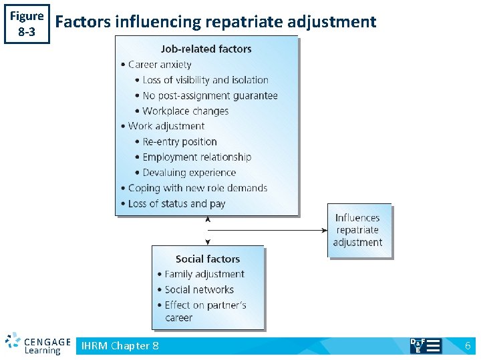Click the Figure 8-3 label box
(x=27, y=23)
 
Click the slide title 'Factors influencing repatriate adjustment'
(x=216, y=22)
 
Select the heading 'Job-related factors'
(x=206, y=49)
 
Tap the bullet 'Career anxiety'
(x=159, y=65)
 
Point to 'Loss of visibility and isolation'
(x=205, y=80)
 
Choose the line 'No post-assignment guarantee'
(x=210, y=95)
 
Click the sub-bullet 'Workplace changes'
(x=185, y=111)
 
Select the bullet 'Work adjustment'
(x=166, y=126)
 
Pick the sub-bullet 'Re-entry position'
(x=179, y=141)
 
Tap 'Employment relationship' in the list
(x=196, y=157)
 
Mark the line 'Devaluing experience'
(x=189, y=173)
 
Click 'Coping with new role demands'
(x=197, y=188)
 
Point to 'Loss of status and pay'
(x=176, y=203)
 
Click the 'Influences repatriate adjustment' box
(x=357, y=230)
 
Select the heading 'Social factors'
(x=207, y=259)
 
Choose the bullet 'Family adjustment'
(x=204, y=274)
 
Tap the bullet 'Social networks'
(x=198, y=289)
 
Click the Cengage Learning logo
(x=37, y=343)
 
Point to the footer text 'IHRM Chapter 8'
(x=120, y=345)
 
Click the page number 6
(x=468, y=345)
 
